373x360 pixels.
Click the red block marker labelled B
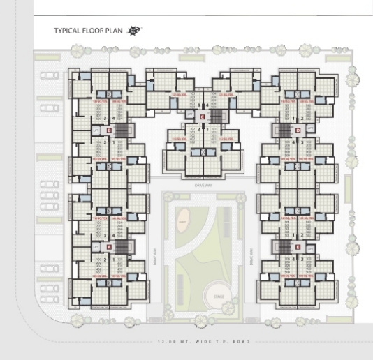click(109, 130)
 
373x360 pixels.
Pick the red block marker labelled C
click(202, 117)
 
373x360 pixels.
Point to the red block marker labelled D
click(297, 130)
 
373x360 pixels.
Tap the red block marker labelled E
click(297, 247)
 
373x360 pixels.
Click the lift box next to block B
click(96, 130)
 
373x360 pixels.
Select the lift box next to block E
click(310, 247)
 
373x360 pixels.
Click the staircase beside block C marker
click(215, 117)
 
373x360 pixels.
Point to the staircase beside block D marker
click(282, 130)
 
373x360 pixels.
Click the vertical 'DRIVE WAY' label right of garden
click(250, 257)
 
